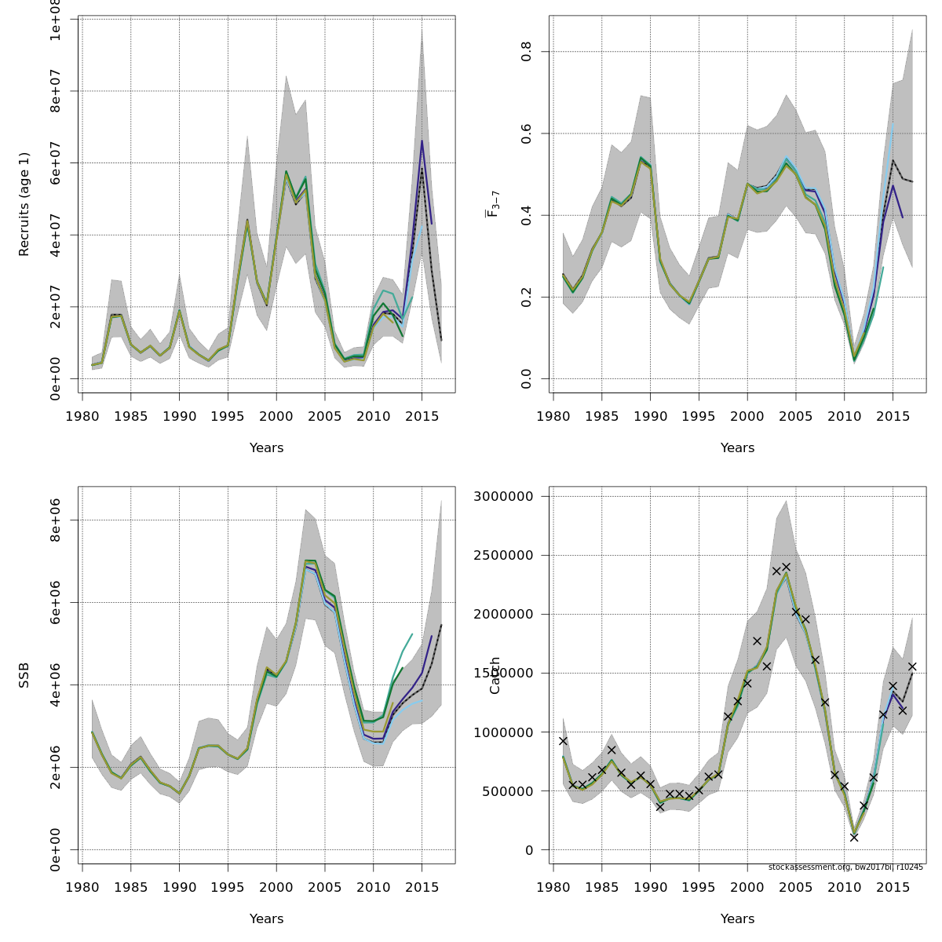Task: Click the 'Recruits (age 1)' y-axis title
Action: point(24,204)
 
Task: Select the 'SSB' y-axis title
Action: point(24,675)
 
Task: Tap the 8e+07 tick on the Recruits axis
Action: point(55,91)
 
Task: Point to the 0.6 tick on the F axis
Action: point(526,133)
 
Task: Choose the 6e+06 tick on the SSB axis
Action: point(55,602)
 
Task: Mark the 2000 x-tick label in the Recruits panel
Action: point(276,416)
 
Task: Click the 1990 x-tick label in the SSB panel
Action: point(179,887)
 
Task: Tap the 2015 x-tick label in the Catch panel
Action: point(893,887)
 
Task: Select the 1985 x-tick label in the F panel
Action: point(602,416)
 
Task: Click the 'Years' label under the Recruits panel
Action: point(267,448)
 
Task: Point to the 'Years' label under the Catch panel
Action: point(738,919)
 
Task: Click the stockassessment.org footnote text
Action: point(845,867)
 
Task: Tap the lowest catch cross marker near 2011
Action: point(854,838)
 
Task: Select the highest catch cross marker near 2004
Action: point(786,567)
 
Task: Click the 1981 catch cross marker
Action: point(563,741)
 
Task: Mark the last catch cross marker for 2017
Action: point(912,666)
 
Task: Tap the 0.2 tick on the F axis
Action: point(526,297)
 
